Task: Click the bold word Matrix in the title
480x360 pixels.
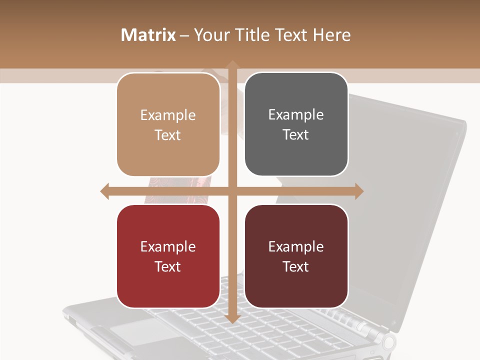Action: pos(148,35)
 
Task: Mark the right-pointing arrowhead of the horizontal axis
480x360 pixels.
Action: pos(359,191)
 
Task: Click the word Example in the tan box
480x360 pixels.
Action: pos(168,115)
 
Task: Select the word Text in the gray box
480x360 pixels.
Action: pos(296,135)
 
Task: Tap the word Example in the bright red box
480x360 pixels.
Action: pos(168,247)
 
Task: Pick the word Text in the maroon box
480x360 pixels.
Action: pos(296,266)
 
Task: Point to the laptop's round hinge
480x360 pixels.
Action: pos(388,343)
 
